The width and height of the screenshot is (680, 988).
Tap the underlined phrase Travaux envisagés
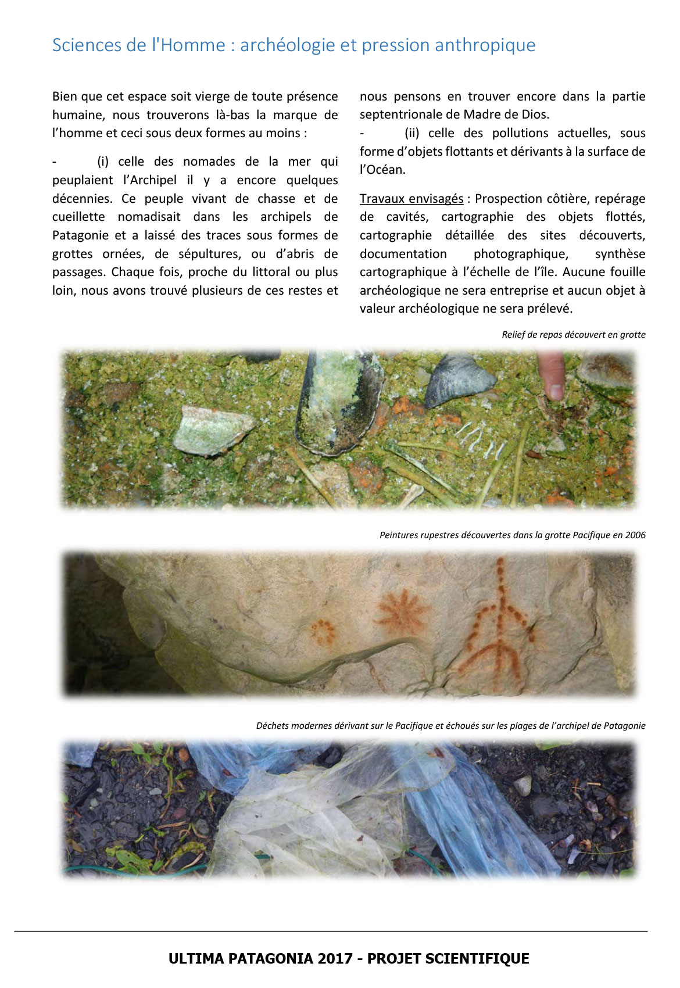click(411, 199)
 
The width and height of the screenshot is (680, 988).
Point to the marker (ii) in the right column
click(411, 133)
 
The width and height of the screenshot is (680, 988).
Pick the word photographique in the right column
click(520, 254)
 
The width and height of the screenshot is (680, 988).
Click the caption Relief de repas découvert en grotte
click(573, 335)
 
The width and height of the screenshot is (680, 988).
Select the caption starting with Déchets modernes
click(450, 726)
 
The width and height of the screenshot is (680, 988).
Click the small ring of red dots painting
click(322, 631)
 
